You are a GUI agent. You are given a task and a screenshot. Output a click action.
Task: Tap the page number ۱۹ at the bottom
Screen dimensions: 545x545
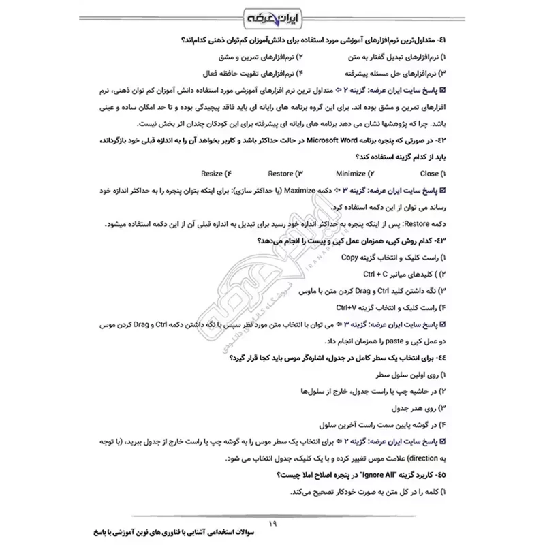pos(272,523)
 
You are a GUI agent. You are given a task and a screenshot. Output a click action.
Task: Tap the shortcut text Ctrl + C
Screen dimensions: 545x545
pos(379,275)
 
